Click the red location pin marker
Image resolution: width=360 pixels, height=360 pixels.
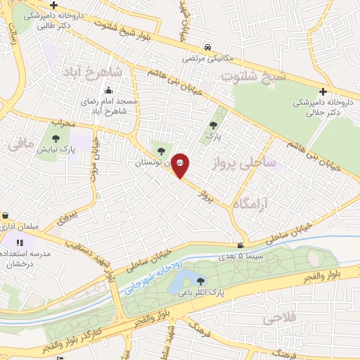coord(181,166)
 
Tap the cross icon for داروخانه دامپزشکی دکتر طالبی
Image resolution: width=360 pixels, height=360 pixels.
coord(53,6)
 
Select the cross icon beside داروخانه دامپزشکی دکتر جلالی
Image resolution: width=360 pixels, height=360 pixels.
coord(323,91)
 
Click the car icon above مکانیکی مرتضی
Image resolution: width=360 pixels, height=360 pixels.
coord(207,48)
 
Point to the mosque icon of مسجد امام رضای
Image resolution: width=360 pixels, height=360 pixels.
coord(108,90)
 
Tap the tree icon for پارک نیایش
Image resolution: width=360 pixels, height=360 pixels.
coord(57,137)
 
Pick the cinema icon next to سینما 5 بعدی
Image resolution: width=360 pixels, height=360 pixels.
coord(241,246)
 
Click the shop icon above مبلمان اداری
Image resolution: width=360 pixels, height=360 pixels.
coord(5,214)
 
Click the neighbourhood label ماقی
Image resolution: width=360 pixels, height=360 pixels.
coord(22,145)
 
